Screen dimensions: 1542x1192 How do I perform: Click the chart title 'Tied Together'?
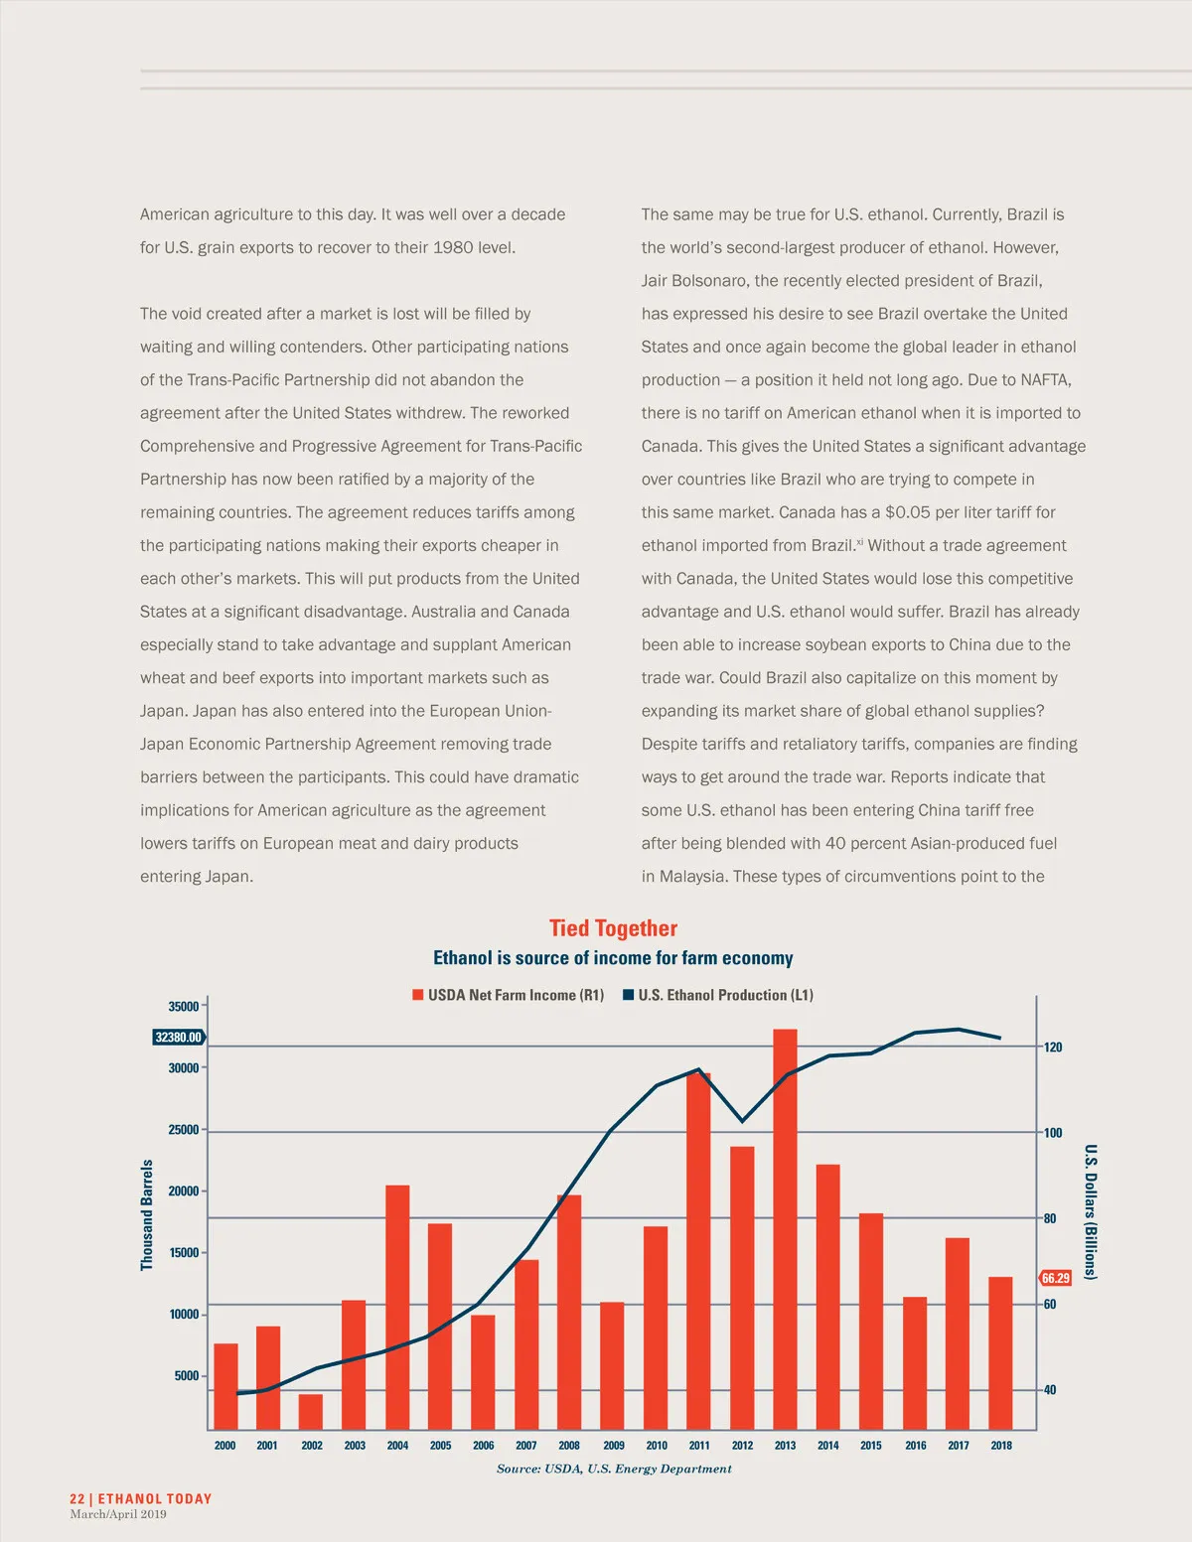(613, 928)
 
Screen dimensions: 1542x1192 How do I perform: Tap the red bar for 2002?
(311, 1411)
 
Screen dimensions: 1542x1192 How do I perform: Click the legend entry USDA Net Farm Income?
(509, 995)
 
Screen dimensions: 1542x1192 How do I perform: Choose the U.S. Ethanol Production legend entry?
(718, 995)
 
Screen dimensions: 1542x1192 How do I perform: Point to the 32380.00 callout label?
(179, 1038)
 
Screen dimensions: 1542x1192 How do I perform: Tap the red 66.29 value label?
(1055, 1278)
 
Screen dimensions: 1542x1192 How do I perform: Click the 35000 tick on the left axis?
(184, 1007)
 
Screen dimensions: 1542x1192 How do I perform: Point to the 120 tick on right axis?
(1053, 1048)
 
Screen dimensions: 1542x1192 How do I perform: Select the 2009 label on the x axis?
(614, 1446)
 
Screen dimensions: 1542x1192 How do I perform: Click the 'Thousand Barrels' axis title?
(147, 1214)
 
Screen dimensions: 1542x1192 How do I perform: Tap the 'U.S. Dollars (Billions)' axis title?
(1090, 1211)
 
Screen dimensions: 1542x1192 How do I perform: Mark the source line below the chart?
(614, 1470)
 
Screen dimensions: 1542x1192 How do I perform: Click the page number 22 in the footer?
(77, 1499)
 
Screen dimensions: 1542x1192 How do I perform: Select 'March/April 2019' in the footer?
(118, 1515)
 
